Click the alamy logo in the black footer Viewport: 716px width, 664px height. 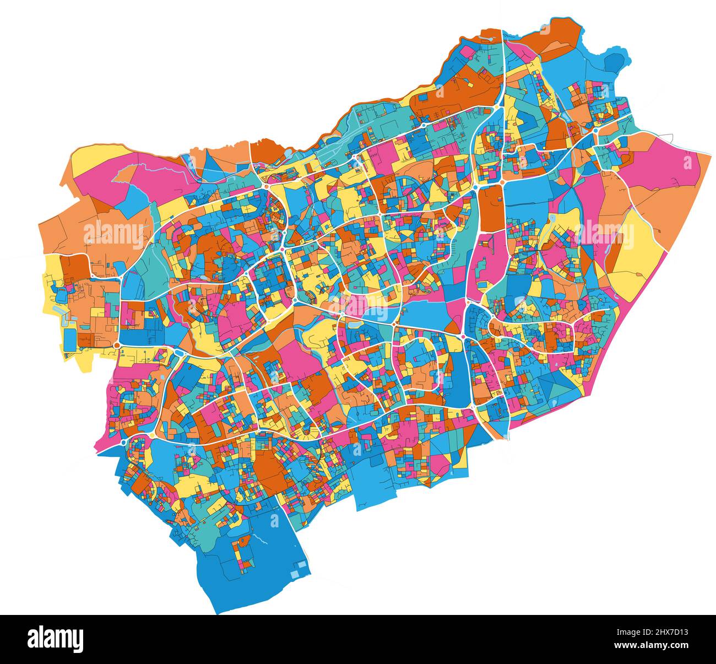pyautogui.click(x=56, y=639)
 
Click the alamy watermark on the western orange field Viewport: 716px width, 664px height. pyautogui.click(x=113, y=234)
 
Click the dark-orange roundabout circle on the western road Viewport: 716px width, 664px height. pyautogui.click(x=117, y=345)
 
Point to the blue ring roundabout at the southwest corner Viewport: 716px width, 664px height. pyautogui.click(x=122, y=441)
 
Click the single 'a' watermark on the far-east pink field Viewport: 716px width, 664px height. pyautogui.click(x=687, y=163)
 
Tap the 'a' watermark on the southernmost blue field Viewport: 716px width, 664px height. pyautogui.click(x=274, y=519)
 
